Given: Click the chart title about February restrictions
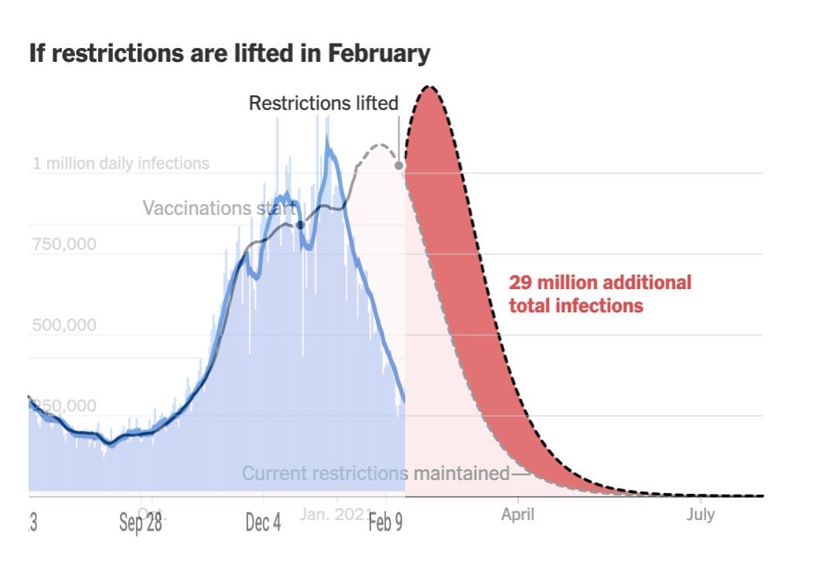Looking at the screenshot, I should coord(229,54).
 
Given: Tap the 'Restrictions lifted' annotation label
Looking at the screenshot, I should coord(323,103).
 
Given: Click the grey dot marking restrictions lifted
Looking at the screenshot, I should coord(399,165).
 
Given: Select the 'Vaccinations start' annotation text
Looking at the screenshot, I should coord(219,209).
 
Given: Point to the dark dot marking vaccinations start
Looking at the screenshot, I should coord(301,225).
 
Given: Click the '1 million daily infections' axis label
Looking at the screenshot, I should coord(121,164).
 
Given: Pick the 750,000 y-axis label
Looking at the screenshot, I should coord(64,245).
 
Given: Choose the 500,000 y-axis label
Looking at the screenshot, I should coord(64,325).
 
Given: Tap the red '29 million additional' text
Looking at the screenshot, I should coord(600,282).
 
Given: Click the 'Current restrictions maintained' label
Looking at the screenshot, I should coord(376,473).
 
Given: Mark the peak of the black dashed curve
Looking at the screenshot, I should coord(430,87).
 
